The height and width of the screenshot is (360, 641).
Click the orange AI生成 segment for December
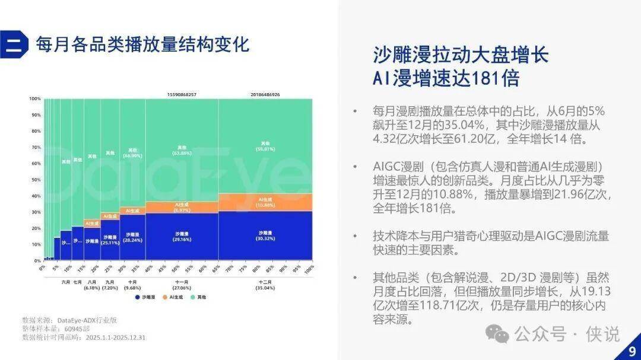click(265, 202)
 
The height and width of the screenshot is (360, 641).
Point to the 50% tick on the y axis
click(35, 179)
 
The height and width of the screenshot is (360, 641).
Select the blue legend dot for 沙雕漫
click(138, 297)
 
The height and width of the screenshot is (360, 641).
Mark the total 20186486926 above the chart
click(265, 94)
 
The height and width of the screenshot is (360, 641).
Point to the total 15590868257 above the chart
click(181, 94)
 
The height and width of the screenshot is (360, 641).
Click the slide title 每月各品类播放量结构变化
click(142, 44)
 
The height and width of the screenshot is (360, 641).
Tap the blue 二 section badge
click(14, 44)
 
